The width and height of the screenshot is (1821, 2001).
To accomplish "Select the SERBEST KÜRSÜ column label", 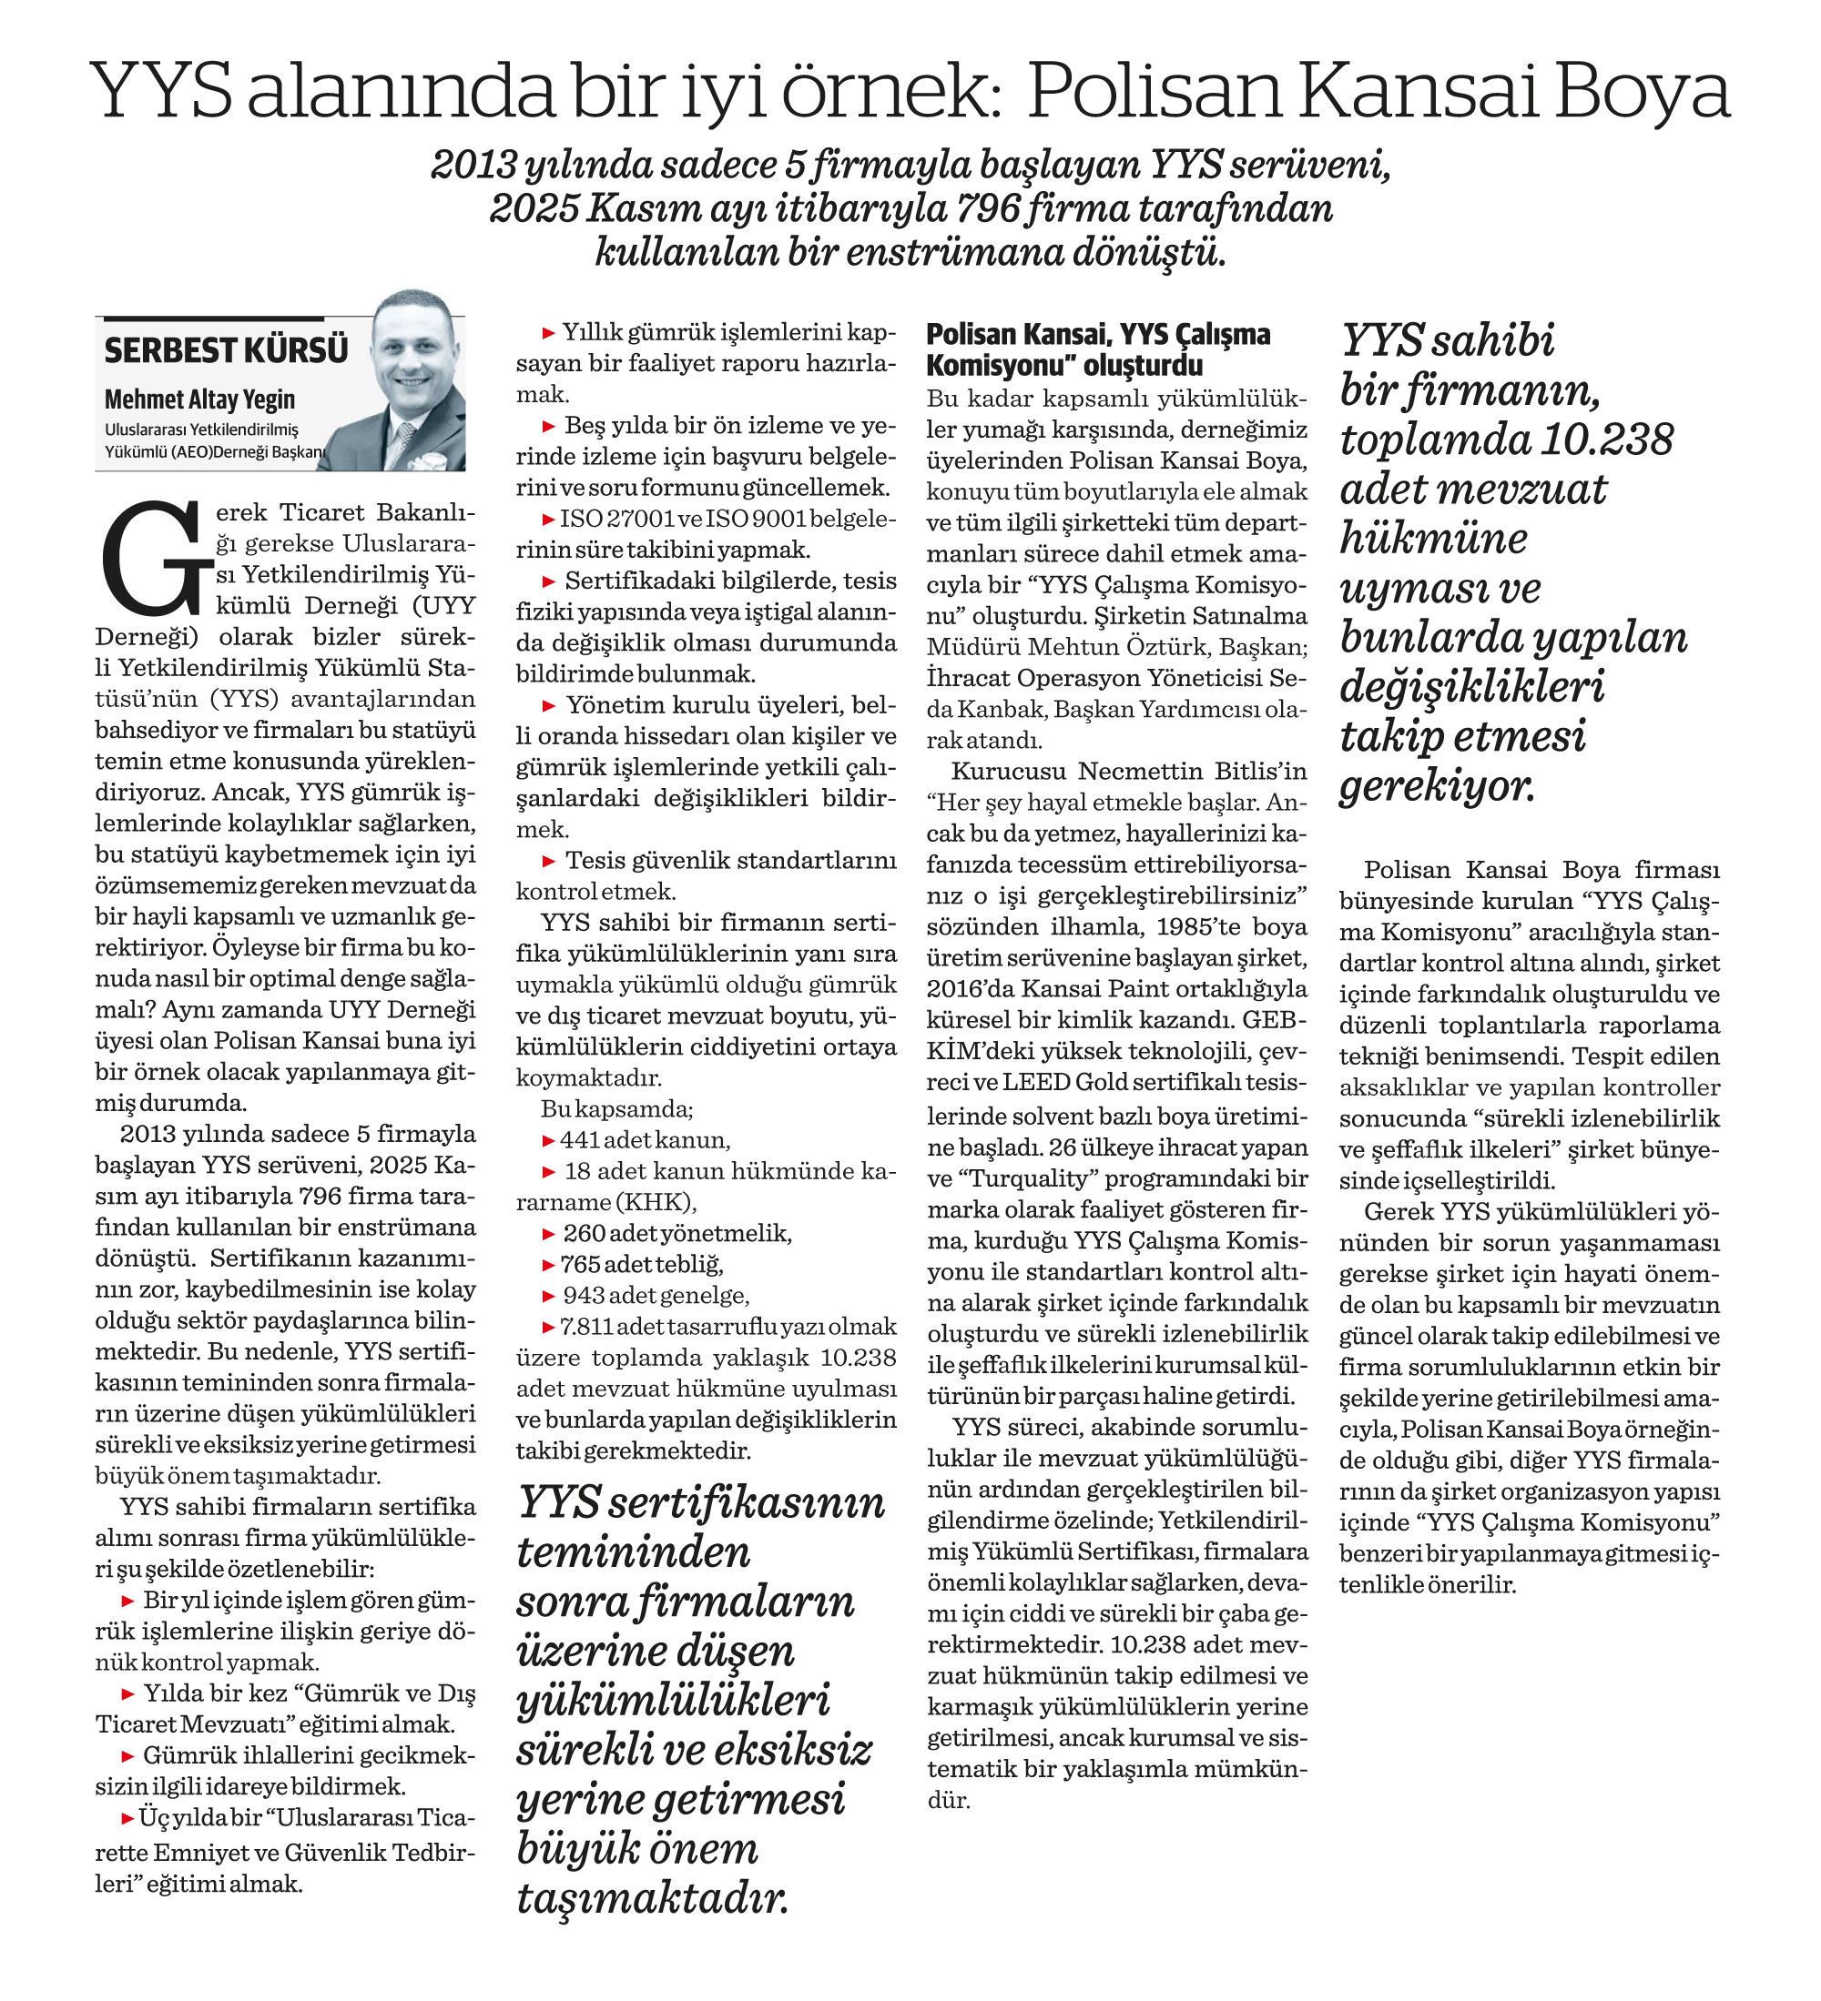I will (227, 351).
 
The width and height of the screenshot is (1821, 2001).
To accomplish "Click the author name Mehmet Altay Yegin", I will (199, 399).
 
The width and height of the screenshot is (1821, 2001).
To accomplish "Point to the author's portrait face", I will (413, 351).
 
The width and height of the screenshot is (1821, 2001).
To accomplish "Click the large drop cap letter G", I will (154, 558).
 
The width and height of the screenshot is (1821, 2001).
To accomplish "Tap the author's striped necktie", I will (402, 441).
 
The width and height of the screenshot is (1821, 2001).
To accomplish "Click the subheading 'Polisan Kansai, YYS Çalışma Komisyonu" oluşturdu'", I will (1098, 349).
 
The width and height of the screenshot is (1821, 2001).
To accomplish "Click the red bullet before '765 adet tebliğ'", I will (548, 1265).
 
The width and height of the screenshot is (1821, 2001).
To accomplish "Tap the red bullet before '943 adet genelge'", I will (548, 1295).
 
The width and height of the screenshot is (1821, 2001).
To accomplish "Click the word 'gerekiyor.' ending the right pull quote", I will (1437, 786).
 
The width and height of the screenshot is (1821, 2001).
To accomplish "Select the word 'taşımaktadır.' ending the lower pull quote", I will (652, 1900).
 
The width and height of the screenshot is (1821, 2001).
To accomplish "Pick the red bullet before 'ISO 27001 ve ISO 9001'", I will (548, 519).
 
